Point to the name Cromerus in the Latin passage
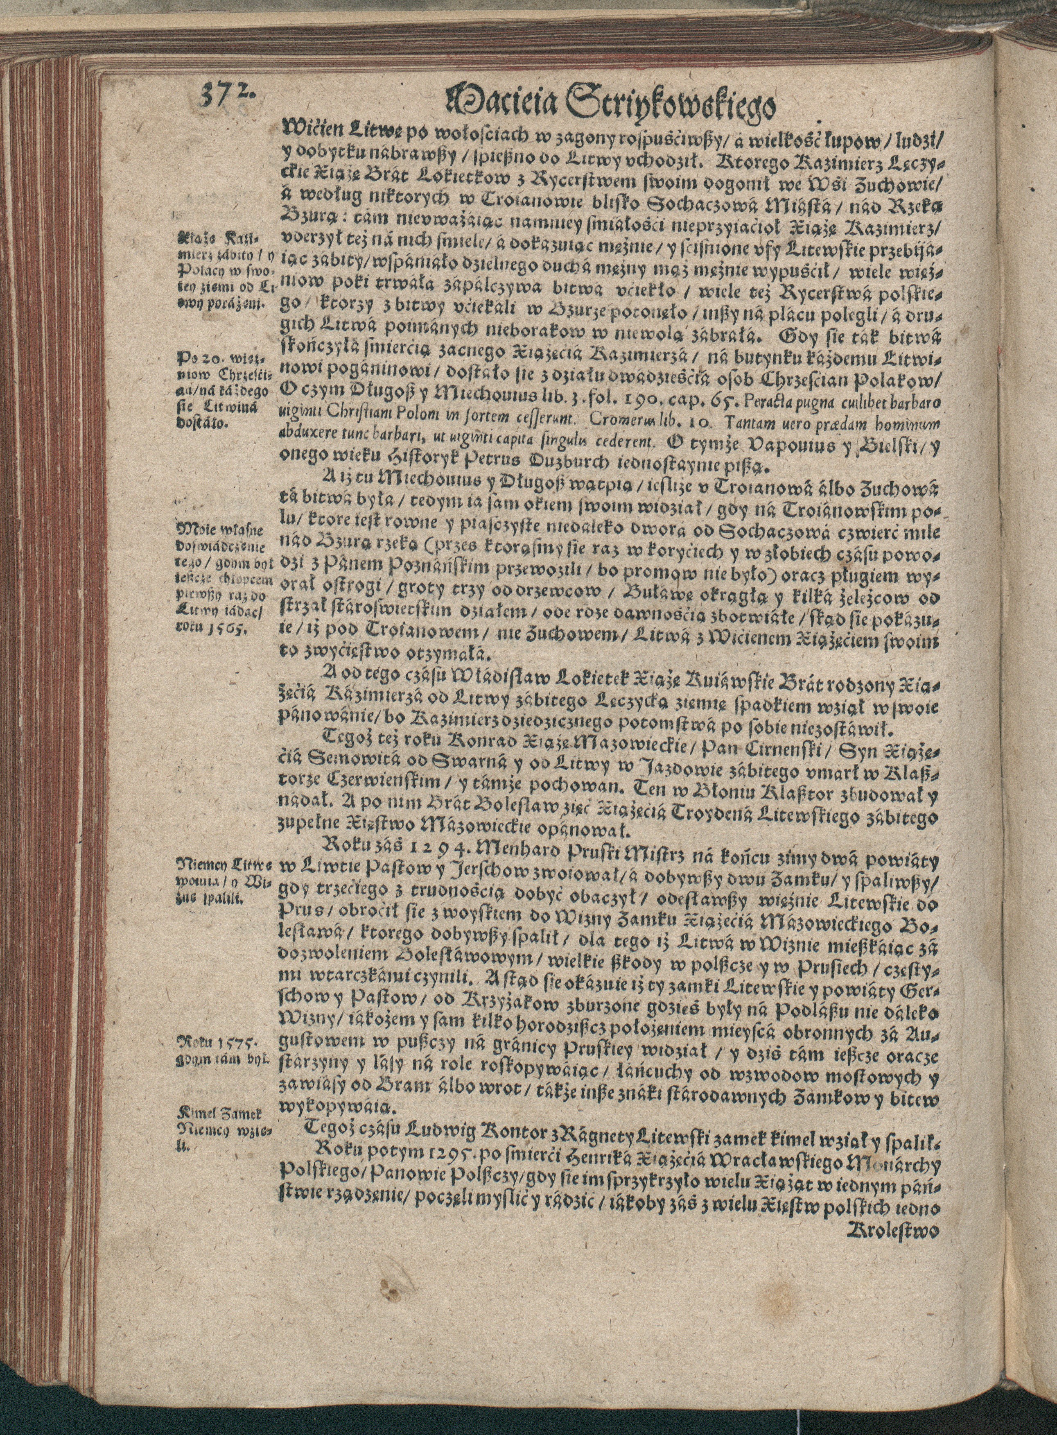coord(617,423)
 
